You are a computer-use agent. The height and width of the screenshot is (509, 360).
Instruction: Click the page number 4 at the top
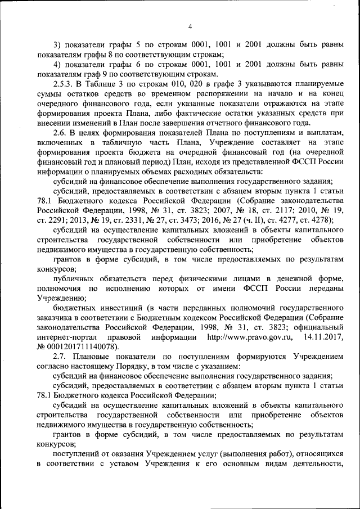pos(190,26)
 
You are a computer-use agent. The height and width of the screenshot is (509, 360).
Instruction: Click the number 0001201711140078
pos(82,347)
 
